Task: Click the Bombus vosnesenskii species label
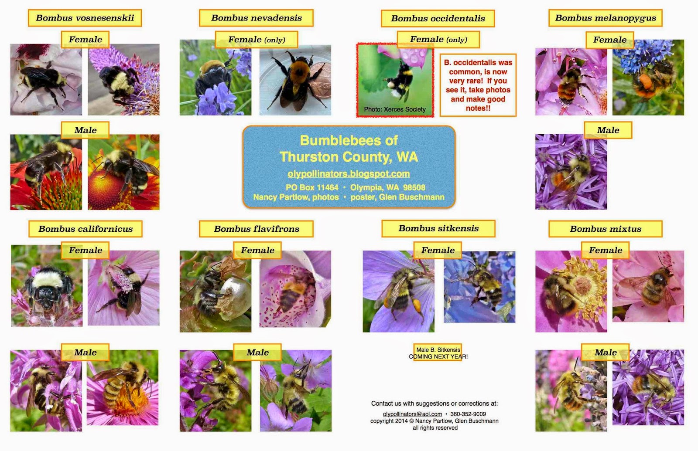point(85,18)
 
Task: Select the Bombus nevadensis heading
point(256,18)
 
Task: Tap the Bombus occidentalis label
point(438,18)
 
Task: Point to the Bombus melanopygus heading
point(606,18)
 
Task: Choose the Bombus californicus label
point(86,229)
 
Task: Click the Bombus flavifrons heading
point(256,229)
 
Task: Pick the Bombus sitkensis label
point(438,228)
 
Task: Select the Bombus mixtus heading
point(606,229)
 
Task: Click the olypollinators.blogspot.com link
point(349,174)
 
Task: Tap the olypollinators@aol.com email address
point(412,414)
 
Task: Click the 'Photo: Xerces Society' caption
point(395,109)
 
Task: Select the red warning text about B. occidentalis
point(478,85)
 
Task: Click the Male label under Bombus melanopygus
point(608,130)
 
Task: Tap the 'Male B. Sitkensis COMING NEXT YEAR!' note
point(438,353)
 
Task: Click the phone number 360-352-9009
point(468,414)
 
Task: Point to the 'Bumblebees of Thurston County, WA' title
point(349,149)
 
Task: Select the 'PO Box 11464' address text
point(312,187)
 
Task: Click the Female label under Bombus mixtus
point(605,250)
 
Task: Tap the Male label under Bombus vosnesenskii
point(86,130)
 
